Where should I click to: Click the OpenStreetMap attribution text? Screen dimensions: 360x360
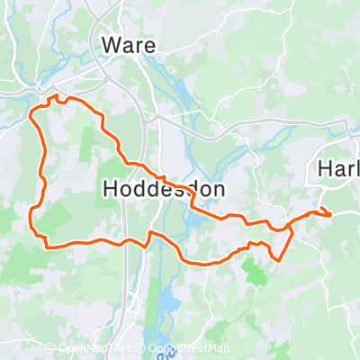189,349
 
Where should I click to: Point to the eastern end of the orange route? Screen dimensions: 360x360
330,214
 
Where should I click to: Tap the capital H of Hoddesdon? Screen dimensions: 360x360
112,189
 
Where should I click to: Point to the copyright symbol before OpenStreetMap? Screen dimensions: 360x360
142,349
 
